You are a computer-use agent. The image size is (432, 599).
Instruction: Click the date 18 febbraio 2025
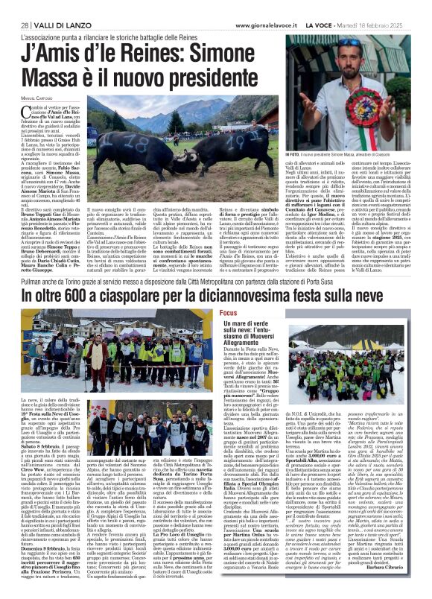click(387, 25)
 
